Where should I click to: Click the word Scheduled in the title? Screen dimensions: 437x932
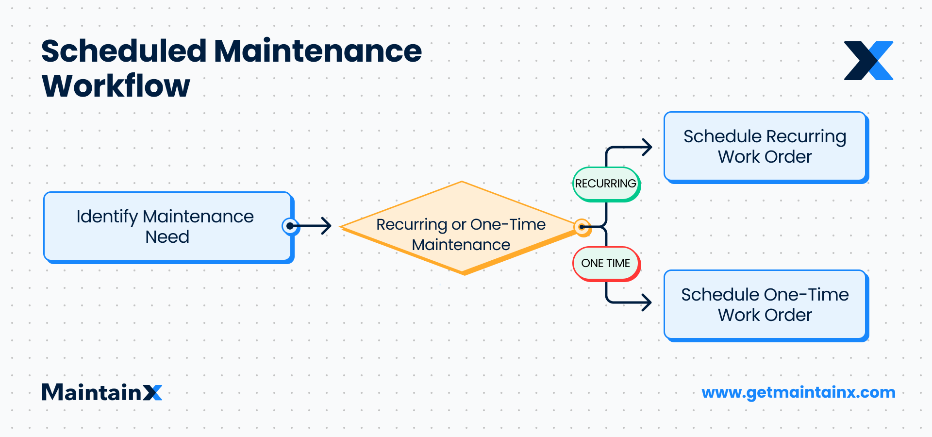[x=124, y=51]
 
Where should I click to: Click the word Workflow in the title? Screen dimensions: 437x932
[x=116, y=86]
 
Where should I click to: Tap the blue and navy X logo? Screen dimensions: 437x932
[x=868, y=61]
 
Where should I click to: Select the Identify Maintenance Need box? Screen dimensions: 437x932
[x=167, y=227]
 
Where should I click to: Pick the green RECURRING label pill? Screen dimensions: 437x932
[x=606, y=184]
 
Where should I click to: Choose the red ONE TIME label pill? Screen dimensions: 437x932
[x=606, y=263]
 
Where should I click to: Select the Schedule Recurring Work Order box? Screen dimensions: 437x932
[x=765, y=147]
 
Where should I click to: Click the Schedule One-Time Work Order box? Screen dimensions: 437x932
[x=765, y=305]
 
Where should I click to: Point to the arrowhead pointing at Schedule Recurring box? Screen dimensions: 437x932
[x=647, y=147]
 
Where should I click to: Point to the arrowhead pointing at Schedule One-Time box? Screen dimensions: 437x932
[x=647, y=302]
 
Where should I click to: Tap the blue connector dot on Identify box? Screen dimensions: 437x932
[x=290, y=226]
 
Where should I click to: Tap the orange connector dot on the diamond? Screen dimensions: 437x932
[x=582, y=227]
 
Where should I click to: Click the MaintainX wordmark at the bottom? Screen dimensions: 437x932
[x=102, y=392]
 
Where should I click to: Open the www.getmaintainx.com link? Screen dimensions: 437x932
[x=799, y=392]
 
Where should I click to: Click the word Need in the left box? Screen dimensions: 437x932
[x=167, y=237]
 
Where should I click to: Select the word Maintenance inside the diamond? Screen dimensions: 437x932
[x=461, y=245]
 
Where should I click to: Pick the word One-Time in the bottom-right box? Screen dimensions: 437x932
[x=807, y=295]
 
